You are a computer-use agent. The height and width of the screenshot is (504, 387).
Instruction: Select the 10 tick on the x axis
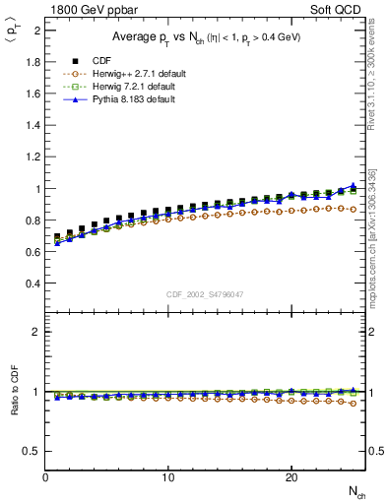tap(168, 477)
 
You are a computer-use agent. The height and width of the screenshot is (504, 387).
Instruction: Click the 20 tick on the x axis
tap(290, 477)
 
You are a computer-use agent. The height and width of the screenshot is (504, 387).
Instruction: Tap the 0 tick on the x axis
tap(45, 477)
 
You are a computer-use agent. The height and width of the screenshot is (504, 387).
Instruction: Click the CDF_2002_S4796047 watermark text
tap(205, 294)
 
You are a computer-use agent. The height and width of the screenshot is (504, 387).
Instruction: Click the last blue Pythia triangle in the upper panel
tap(353, 185)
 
